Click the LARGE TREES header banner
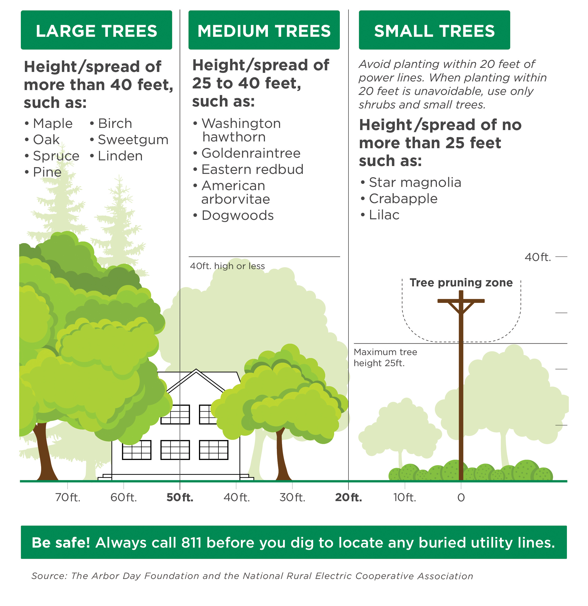pyautogui.click(x=96, y=30)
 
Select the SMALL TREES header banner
pyautogui.click(x=434, y=30)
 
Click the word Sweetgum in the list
pyautogui.click(x=133, y=140)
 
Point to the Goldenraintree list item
pyautogui.click(x=251, y=153)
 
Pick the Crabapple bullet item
pyautogui.click(x=403, y=198)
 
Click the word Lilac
pyautogui.click(x=384, y=215)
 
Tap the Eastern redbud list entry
pyautogui.click(x=252, y=170)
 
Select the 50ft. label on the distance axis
pyautogui.click(x=180, y=498)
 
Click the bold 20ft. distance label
pyautogui.click(x=348, y=498)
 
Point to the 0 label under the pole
pyautogui.click(x=461, y=498)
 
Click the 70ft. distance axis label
pyautogui.click(x=68, y=498)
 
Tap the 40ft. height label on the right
pyautogui.click(x=538, y=257)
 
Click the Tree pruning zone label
pyautogui.click(x=461, y=283)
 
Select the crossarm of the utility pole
pyautogui.click(x=461, y=301)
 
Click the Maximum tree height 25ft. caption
pyautogui.click(x=385, y=357)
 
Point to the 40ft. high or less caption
pyautogui.click(x=227, y=266)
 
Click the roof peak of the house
pyautogui.click(x=196, y=370)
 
